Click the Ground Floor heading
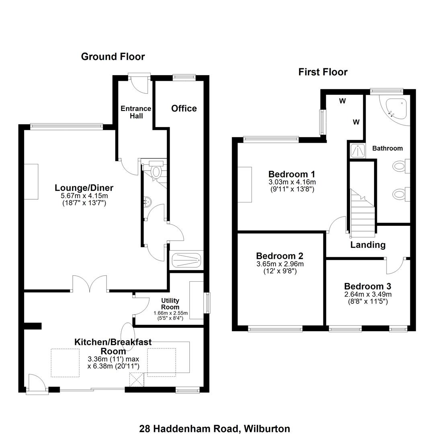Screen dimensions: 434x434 pyautogui.click(x=113, y=57)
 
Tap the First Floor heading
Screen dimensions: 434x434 pyautogui.click(x=323, y=72)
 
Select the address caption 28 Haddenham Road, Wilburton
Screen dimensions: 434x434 pyautogui.click(x=215, y=428)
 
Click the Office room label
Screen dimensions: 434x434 pyautogui.click(x=184, y=108)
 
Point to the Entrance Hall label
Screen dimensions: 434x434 pyautogui.click(x=136, y=112)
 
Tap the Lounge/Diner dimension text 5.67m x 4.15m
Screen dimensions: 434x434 pyautogui.click(x=84, y=196)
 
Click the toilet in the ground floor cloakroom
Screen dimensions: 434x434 pyautogui.click(x=156, y=170)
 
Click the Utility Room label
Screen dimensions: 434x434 pyautogui.click(x=170, y=304)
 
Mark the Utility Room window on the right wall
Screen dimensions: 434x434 pyautogui.click(x=207, y=303)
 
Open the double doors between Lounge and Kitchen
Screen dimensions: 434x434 pyautogui.click(x=90, y=283)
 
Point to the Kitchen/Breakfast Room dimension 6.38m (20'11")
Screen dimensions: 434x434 pyautogui.click(x=113, y=366)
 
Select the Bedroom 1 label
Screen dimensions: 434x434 pyautogui.click(x=291, y=174)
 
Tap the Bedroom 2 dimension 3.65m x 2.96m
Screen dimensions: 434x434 pyautogui.click(x=280, y=264)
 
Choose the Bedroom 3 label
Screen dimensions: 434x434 pyautogui.click(x=367, y=287)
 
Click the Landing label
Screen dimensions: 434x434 pyautogui.click(x=368, y=245)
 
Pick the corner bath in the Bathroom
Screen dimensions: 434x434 pyautogui.click(x=397, y=108)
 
